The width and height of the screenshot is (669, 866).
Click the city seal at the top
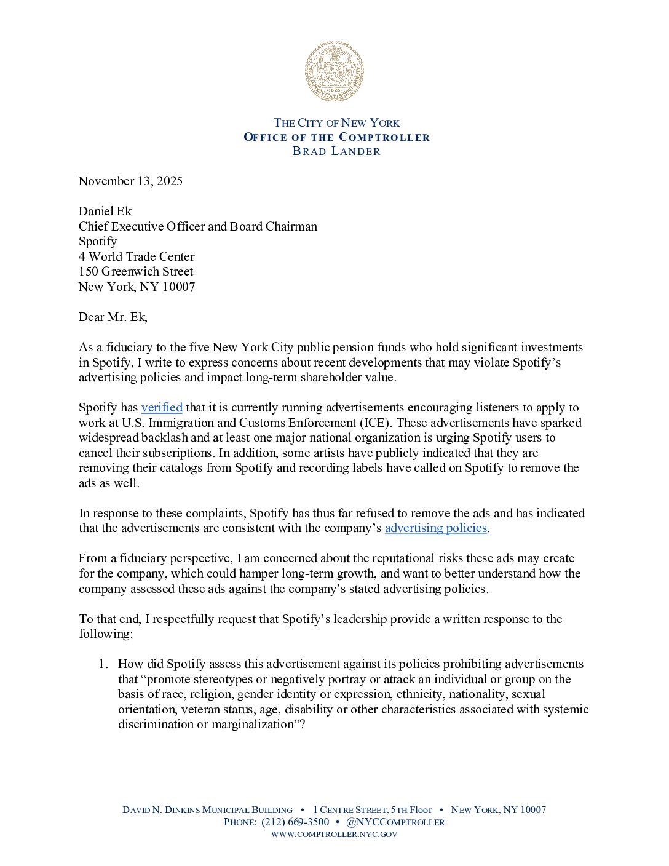(334, 71)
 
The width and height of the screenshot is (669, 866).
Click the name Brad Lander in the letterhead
(336, 151)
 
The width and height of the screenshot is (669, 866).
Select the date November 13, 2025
(130, 181)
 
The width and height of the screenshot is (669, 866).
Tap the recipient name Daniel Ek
(105, 211)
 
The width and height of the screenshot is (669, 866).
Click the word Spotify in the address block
(98, 241)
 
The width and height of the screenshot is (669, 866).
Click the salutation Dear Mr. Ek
(113, 317)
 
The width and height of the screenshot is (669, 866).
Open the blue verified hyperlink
(162, 407)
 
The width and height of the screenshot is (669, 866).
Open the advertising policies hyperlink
(436, 528)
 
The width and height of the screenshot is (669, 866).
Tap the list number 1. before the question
(104, 664)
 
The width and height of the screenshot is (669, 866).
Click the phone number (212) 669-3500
(295, 822)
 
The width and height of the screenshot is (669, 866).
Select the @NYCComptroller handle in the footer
(395, 822)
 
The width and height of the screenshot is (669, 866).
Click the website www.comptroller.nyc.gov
(334, 835)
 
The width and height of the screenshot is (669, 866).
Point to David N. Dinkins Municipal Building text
(207, 810)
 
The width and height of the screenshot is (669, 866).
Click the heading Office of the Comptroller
(336, 137)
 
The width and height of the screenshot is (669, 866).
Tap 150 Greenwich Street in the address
(136, 271)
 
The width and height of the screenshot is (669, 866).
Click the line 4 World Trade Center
(137, 256)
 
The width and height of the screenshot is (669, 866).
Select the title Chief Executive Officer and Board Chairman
(198, 226)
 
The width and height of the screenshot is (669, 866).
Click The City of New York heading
(336, 122)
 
